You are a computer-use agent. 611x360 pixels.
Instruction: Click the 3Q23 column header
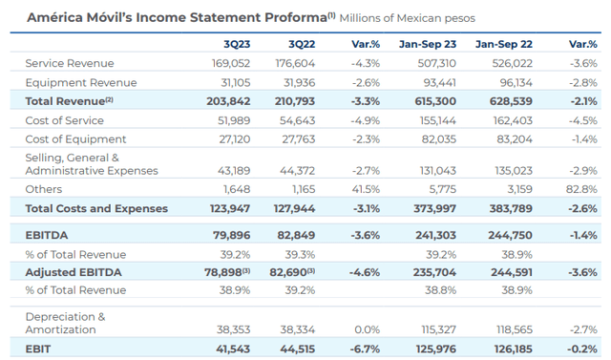click(x=237, y=44)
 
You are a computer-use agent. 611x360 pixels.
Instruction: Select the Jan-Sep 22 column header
click(x=503, y=44)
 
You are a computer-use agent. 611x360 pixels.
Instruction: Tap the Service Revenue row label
click(x=70, y=63)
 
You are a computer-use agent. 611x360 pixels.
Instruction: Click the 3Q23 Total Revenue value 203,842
click(x=228, y=101)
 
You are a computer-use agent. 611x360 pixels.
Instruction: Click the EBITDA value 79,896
click(x=231, y=235)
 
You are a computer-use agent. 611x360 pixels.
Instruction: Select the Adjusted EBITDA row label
click(x=74, y=272)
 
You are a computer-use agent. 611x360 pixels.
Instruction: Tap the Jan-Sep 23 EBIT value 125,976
click(x=435, y=349)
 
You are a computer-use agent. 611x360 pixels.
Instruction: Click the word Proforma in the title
click(x=296, y=17)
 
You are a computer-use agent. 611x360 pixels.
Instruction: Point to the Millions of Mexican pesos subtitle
click(x=408, y=18)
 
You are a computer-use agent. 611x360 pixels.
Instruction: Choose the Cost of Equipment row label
click(x=75, y=139)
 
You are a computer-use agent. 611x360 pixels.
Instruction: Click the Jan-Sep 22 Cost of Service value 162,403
click(x=513, y=120)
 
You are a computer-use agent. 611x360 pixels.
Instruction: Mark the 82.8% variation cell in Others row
click(x=581, y=189)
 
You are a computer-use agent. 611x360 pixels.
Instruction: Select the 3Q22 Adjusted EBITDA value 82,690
click(x=292, y=272)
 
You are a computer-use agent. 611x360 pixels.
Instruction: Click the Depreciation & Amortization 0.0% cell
click(x=367, y=330)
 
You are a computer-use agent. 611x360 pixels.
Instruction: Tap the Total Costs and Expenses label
click(x=96, y=209)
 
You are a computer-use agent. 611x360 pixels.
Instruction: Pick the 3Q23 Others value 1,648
click(x=237, y=189)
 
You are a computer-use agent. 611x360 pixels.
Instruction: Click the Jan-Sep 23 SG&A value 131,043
click(x=437, y=171)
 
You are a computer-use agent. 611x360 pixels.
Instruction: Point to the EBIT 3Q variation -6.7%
click(x=365, y=349)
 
